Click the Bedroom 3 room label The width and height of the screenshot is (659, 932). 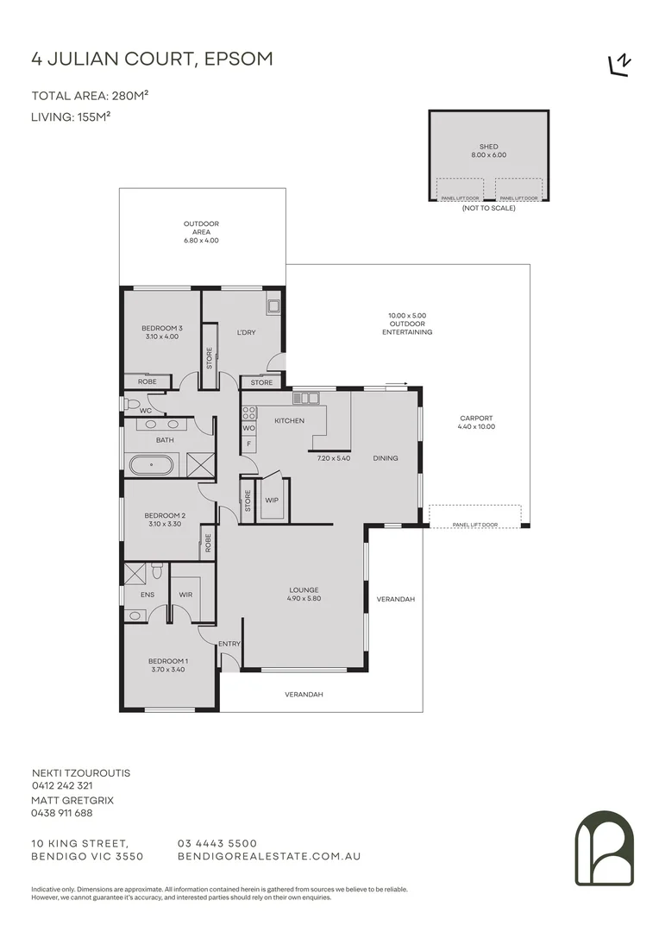(162, 328)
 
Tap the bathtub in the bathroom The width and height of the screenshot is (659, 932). (151, 465)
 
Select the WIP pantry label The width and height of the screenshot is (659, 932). (272, 500)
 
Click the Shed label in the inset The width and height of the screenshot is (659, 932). (488, 147)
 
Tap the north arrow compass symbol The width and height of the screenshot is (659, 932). (619, 66)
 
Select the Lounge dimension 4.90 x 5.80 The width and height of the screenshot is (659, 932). (304, 598)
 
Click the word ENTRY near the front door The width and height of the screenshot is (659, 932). (229, 644)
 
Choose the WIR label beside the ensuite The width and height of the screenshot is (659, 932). (185, 595)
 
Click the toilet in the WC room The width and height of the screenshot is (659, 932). (131, 403)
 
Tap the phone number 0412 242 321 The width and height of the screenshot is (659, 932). (62, 786)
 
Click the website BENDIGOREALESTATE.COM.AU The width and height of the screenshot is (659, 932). (268, 857)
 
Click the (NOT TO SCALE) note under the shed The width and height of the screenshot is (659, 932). (488, 208)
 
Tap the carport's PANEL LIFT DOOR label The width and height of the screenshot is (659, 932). (475, 524)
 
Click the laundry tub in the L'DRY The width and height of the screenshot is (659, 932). (273, 305)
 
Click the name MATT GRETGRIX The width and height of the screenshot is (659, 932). (72, 800)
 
